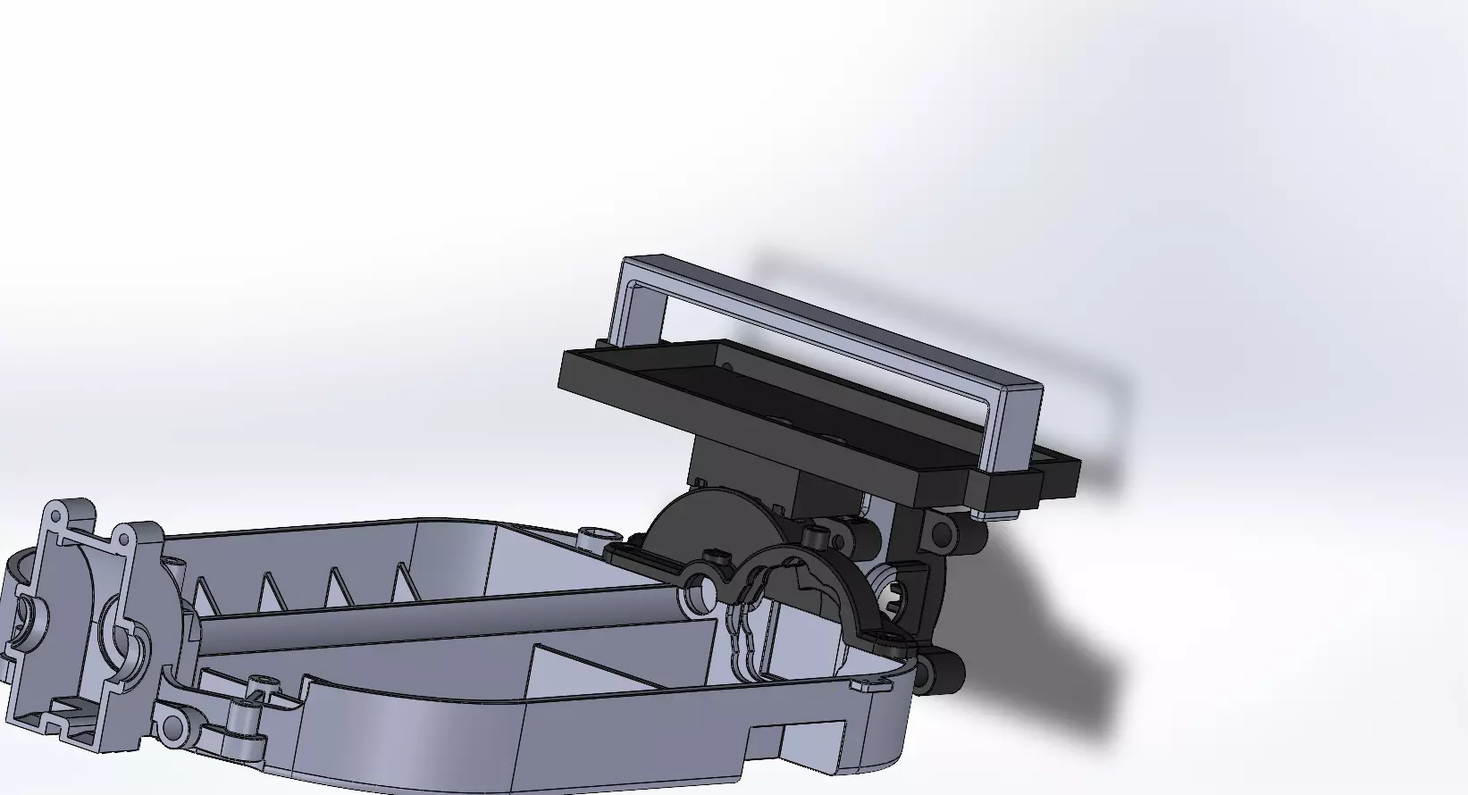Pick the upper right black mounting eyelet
[x=942, y=536]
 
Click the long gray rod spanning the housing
[x=447, y=616]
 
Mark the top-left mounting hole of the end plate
[x=55, y=516]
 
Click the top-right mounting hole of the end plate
[x=124, y=538]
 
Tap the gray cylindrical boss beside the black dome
[x=591, y=538]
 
